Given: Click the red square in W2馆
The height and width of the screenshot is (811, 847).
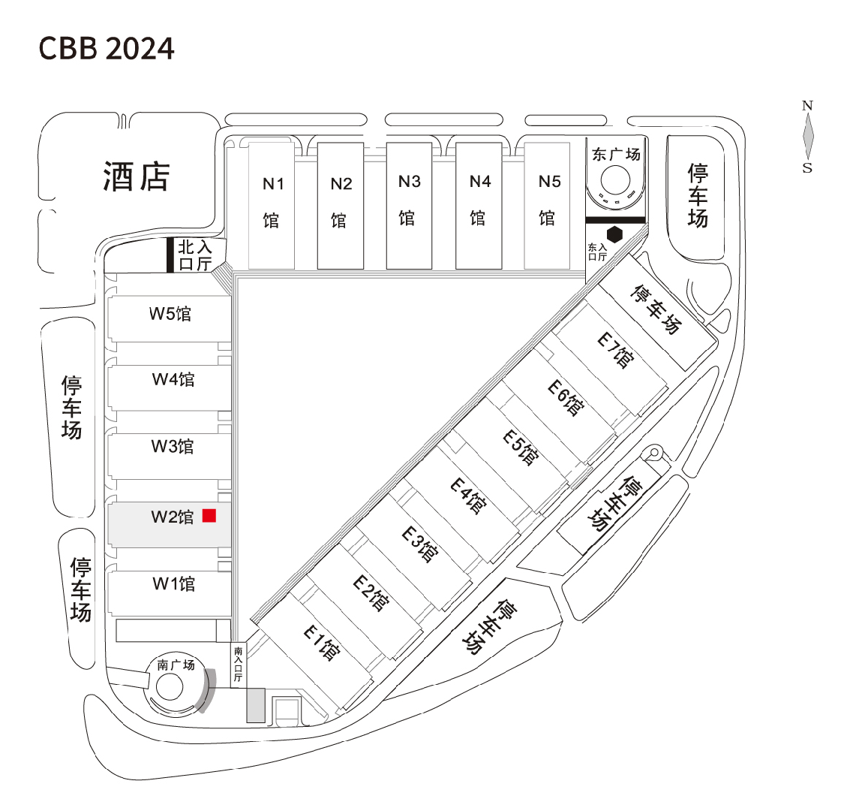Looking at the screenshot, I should pos(209,515).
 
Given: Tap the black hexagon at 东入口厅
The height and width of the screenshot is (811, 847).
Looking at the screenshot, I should pos(615,234).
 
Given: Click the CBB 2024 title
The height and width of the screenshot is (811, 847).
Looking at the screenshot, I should pos(107,48).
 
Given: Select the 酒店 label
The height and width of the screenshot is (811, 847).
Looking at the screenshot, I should pos(137,176).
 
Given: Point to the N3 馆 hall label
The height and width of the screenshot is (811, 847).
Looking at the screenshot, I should pos(409,199).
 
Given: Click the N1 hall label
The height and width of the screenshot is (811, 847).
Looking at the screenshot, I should pos(272,201).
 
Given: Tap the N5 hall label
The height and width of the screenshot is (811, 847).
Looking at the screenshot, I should pos(549,200).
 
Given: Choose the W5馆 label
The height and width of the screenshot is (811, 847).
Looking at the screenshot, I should pos(170,313).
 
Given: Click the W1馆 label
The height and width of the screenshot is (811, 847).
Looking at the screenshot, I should pos(174,583).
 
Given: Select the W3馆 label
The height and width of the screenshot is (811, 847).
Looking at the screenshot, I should pos(173,446).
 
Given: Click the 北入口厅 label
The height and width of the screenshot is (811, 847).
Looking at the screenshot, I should pos(194,255).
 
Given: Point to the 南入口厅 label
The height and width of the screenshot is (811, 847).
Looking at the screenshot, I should pos(239,664).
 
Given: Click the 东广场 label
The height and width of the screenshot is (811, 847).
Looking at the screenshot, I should pos(616,154).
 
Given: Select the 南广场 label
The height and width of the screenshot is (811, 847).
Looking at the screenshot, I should pos(176,665).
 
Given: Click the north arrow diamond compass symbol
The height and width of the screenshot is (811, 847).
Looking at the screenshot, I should pos(808,136).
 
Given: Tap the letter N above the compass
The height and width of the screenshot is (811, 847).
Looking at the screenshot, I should pos(807,106).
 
